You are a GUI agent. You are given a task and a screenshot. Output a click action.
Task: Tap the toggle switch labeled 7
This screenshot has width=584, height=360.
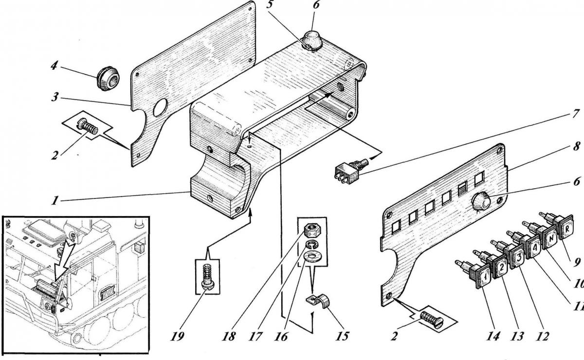(346, 172)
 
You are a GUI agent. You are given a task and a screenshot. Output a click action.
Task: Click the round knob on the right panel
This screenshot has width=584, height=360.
(481, 200)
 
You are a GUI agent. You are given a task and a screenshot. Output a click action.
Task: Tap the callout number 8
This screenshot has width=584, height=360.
(577, 146)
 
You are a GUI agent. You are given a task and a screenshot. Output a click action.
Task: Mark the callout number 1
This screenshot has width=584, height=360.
(57, 199)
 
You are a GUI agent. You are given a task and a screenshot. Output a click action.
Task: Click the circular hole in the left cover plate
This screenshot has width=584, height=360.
(160, 108)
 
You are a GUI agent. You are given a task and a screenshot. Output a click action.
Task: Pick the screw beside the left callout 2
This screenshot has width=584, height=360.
(88, 128)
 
